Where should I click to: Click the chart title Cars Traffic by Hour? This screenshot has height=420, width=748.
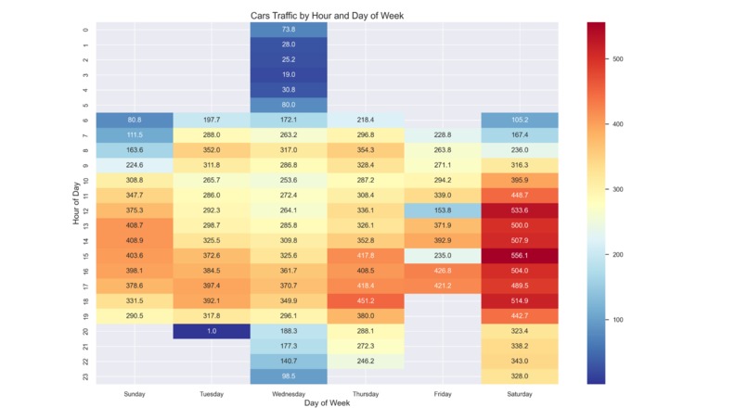click(327, 16)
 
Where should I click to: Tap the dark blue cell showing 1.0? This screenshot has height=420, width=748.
click(212, 331)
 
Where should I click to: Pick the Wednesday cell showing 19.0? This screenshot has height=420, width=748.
click(289, 74)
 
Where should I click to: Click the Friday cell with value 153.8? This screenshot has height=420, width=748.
click(442, 210)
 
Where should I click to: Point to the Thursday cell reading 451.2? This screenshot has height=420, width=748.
click(366, 300)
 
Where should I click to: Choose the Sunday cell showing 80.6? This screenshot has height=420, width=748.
click(135, 120)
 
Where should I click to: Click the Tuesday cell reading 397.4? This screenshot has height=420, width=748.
click(212, 286)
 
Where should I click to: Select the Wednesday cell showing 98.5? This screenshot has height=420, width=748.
click(289, 376)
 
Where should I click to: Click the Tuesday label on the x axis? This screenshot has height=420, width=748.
click(212, 394)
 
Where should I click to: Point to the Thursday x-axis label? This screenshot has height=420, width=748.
click(366, 394)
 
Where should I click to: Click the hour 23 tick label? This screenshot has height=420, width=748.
click(86, 376)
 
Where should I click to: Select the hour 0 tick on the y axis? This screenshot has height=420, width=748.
click(86, 29)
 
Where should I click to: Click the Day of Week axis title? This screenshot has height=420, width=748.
click(327, 403)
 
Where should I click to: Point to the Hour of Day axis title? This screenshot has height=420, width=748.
click(77, 202)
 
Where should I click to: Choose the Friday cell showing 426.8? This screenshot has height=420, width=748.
click(442, 271)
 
